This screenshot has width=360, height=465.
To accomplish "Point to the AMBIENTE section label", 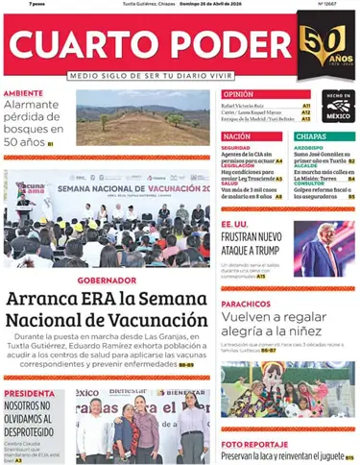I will pyautogui.click(x=23, y=93).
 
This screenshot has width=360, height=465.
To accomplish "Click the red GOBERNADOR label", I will pyautogui.click(x=105, y=281).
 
